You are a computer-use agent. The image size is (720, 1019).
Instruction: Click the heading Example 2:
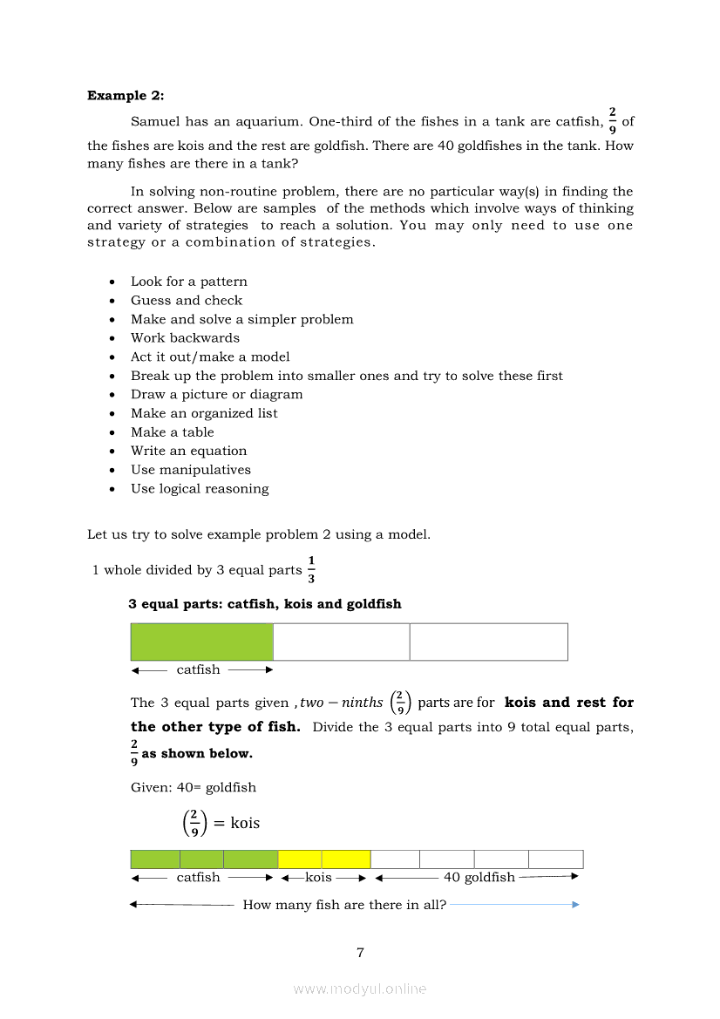coord(126,96)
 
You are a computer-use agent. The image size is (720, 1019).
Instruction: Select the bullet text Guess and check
coord(187,300)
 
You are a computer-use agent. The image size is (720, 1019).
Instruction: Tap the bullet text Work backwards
coord(185,338)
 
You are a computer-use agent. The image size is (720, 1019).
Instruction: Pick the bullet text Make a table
coord(172,432)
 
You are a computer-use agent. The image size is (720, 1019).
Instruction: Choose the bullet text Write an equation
coord(188,451)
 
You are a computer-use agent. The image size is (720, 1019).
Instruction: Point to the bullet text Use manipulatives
coord(191,470)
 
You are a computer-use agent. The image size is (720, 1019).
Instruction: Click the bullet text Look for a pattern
coord(189,282)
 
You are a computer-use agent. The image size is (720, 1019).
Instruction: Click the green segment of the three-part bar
coord(201,642)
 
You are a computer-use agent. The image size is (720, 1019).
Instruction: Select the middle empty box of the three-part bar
coord(341,642)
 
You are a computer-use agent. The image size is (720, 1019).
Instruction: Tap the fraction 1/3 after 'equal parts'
coord(311,569)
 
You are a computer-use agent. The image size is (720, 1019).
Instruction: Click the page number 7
coord(360,953)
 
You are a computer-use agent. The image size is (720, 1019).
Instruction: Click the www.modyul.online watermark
coord(360,989)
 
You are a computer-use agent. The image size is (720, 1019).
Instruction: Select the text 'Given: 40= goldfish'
coord(194,787)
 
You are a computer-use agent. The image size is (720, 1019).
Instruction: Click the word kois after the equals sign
coord(245,823)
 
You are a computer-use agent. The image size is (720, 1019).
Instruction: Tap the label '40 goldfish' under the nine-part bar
coord(479,877)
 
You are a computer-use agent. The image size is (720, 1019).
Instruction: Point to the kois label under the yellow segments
coord(318,877)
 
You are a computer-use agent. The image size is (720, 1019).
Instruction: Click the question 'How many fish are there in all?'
coord(344,905)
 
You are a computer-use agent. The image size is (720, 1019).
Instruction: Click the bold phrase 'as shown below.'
coord(197,753)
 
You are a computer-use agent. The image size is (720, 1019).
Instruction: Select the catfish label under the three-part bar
coord(199,669)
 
